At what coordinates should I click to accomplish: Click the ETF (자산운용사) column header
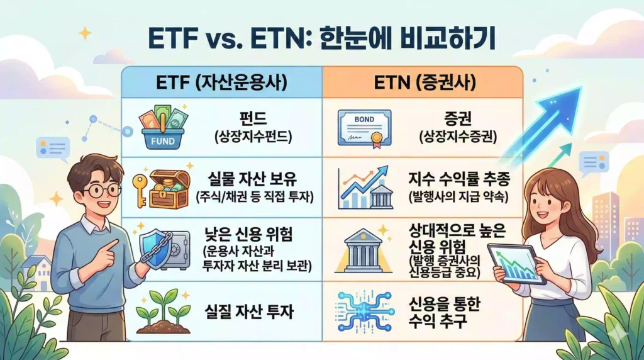221,82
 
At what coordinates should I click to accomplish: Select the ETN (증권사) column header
422,82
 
